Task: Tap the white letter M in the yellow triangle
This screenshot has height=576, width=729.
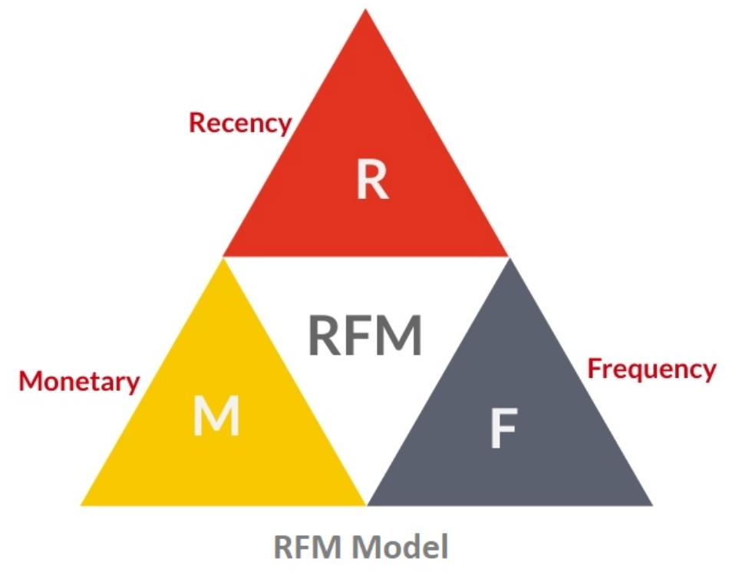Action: (x=216, y=417)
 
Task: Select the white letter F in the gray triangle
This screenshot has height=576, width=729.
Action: (x=503, y=430)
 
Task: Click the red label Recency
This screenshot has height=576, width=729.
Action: (x=240, y=123)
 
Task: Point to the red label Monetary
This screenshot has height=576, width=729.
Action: (x=80, y=381)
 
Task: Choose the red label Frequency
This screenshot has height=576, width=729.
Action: (x=651, y=369)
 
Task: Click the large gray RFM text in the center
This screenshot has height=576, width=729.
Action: (x=365, y=336)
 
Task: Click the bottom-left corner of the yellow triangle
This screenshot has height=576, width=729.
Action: (x=81, y=505)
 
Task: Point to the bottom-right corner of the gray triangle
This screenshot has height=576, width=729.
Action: (x=652, y=505)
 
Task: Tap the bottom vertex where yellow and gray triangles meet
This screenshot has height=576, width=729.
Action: (x=367, y=505)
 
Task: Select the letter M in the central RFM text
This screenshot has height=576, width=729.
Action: (x=401, y=336)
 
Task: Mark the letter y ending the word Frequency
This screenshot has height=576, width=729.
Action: (x=707, y=372)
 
